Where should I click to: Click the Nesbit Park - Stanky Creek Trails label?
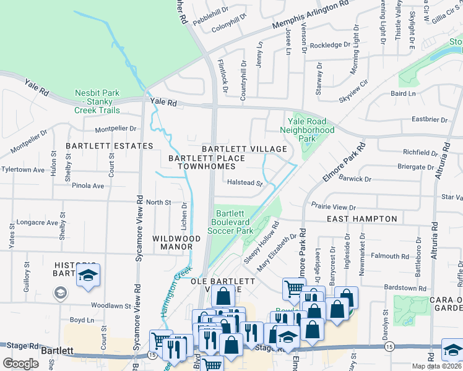[x=98, y=101]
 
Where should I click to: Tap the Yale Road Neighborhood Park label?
[x=307, y=130]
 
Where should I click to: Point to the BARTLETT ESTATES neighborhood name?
[x=110, y=146]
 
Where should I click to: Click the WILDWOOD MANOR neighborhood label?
[x=176, y=242]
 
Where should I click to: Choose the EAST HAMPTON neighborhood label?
[x=361, y=219]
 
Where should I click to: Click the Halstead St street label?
[x=245, y=183]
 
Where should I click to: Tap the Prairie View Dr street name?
[x=334, y=208]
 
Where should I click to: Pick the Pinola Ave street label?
[x=87, y=185]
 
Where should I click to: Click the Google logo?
[x=21, y=364]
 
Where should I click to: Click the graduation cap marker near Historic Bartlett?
[x=88, y=276]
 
